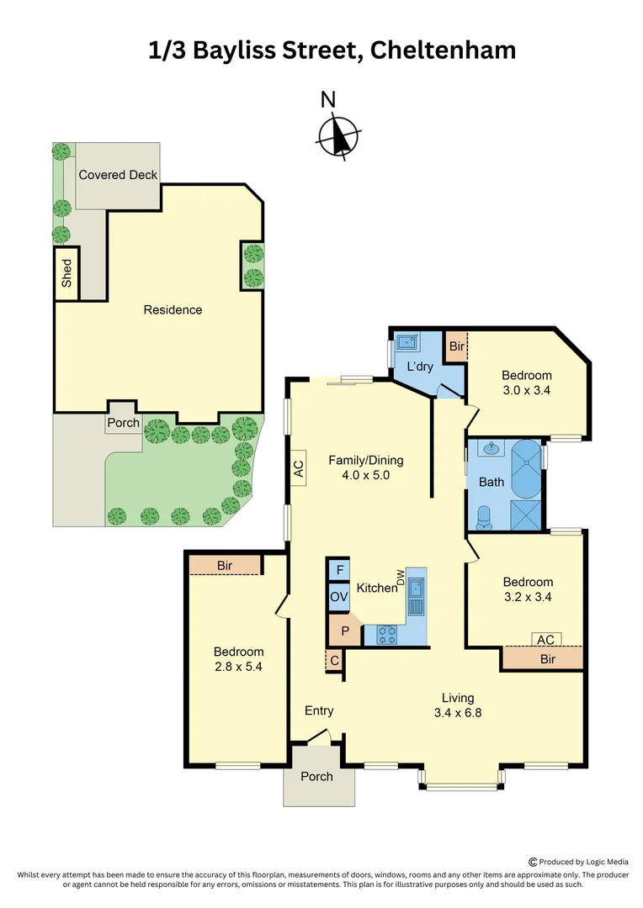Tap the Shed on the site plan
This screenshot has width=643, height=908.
tap(66, 273)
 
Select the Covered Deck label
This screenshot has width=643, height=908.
tap(118, 175)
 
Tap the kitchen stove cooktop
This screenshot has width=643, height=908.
tap(386, 635)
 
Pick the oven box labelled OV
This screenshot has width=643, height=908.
tap(338, 597)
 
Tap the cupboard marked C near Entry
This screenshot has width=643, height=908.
tap(334, 661)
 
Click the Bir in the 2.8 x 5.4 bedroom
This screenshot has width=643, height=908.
tap(225, 566)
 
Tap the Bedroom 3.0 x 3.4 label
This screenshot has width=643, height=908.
tap(526, 383)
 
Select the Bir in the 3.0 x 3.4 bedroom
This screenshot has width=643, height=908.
tap(456, 346)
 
